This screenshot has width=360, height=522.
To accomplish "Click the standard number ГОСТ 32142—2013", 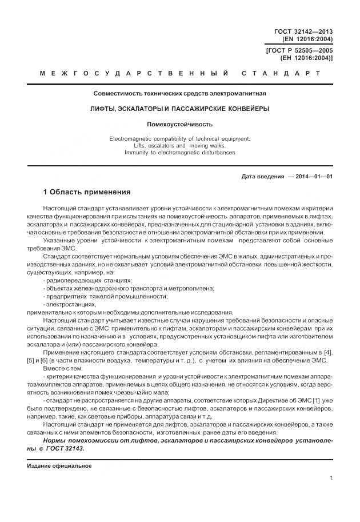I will click(303, 31).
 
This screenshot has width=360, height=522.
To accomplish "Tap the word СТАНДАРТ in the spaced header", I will click(281, 74).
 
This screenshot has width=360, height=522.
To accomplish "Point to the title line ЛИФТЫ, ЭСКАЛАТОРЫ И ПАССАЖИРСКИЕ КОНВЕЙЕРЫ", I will click(180, 108).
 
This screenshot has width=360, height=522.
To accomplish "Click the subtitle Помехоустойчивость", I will click(180, 123).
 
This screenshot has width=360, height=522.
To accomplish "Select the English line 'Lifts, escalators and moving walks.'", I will click(180, 146).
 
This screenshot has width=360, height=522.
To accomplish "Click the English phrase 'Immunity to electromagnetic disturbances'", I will click(180, 153).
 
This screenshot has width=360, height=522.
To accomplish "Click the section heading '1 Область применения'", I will click(87, 192).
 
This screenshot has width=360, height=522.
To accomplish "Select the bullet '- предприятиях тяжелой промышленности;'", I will click(106, 296).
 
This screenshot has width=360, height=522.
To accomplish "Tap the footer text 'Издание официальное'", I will click(59, 465).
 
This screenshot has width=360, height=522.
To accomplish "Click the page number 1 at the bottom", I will click(331, 477).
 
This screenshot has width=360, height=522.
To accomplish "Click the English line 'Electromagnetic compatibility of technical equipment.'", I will click(180, 139).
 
